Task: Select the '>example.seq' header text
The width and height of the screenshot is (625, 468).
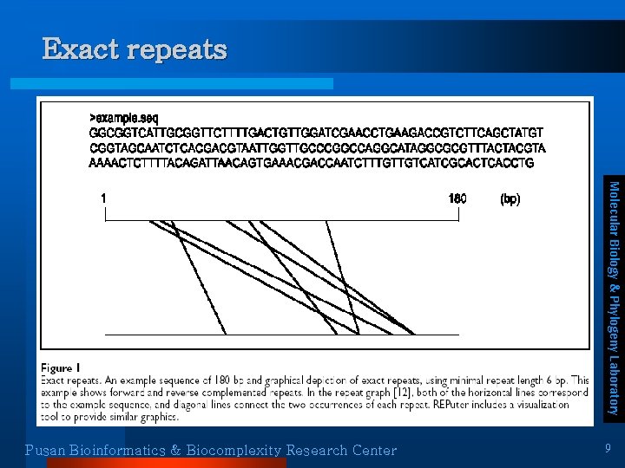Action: point(123,118)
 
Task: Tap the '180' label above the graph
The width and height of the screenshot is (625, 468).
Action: point(457,198)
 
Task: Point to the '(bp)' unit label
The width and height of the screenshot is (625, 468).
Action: point(510,198)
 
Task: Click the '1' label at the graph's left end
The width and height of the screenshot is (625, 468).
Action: point(104,198)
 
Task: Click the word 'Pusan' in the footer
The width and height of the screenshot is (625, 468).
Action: point(46,450)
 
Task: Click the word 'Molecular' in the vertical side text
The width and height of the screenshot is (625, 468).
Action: point(613,211)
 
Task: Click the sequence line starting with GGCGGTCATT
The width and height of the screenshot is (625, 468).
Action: point(316,133)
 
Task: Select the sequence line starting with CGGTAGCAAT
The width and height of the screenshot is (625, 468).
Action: point(318,148)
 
